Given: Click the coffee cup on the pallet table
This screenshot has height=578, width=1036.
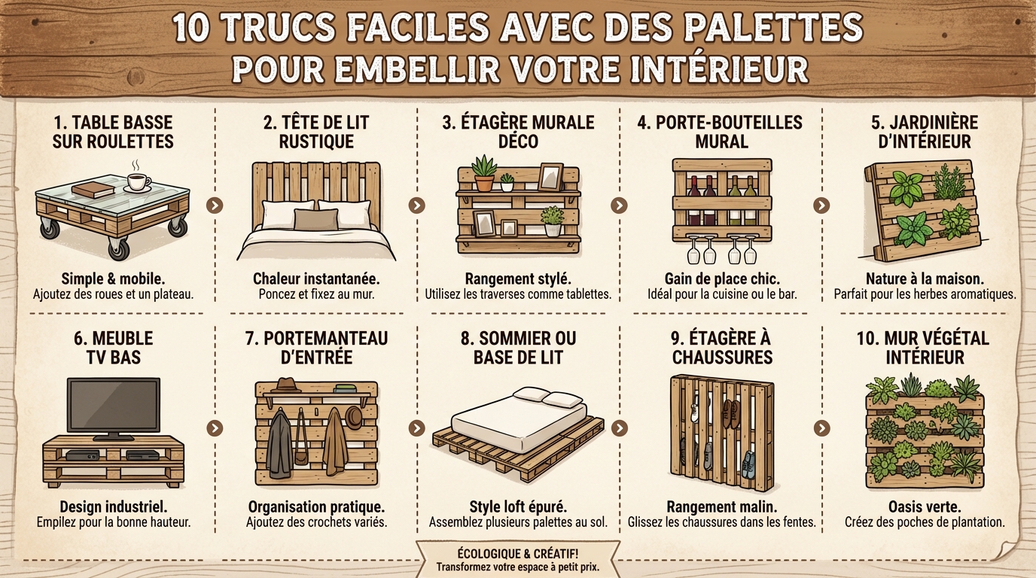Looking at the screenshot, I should (138, 181).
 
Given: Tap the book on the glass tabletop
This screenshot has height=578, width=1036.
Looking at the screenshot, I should (93, 190).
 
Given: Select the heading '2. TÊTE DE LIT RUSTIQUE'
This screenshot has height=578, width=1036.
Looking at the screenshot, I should (316, 132).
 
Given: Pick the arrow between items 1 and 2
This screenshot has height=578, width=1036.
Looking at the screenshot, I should (215, 205).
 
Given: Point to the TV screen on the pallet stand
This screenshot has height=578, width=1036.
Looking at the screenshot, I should (113, 405).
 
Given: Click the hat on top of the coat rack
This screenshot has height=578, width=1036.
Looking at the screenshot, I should (287, 385).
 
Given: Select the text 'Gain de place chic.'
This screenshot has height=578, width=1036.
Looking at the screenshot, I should (721, 278).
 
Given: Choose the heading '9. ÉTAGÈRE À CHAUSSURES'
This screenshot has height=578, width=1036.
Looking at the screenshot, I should (722, 348).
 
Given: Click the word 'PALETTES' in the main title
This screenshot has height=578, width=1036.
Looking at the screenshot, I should (775, 28).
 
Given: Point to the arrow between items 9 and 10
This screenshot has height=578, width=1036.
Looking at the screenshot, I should (821, 427).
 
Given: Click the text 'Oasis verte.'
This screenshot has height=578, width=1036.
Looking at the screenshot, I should (925, 507).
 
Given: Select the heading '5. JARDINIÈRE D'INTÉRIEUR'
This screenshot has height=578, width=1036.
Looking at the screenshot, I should (925, 132).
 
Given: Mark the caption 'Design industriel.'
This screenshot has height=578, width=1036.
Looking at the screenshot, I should (114, 507).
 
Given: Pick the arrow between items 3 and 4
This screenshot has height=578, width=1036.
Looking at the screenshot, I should (619, 205).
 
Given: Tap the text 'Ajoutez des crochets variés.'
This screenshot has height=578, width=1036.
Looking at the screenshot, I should (316, 522).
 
